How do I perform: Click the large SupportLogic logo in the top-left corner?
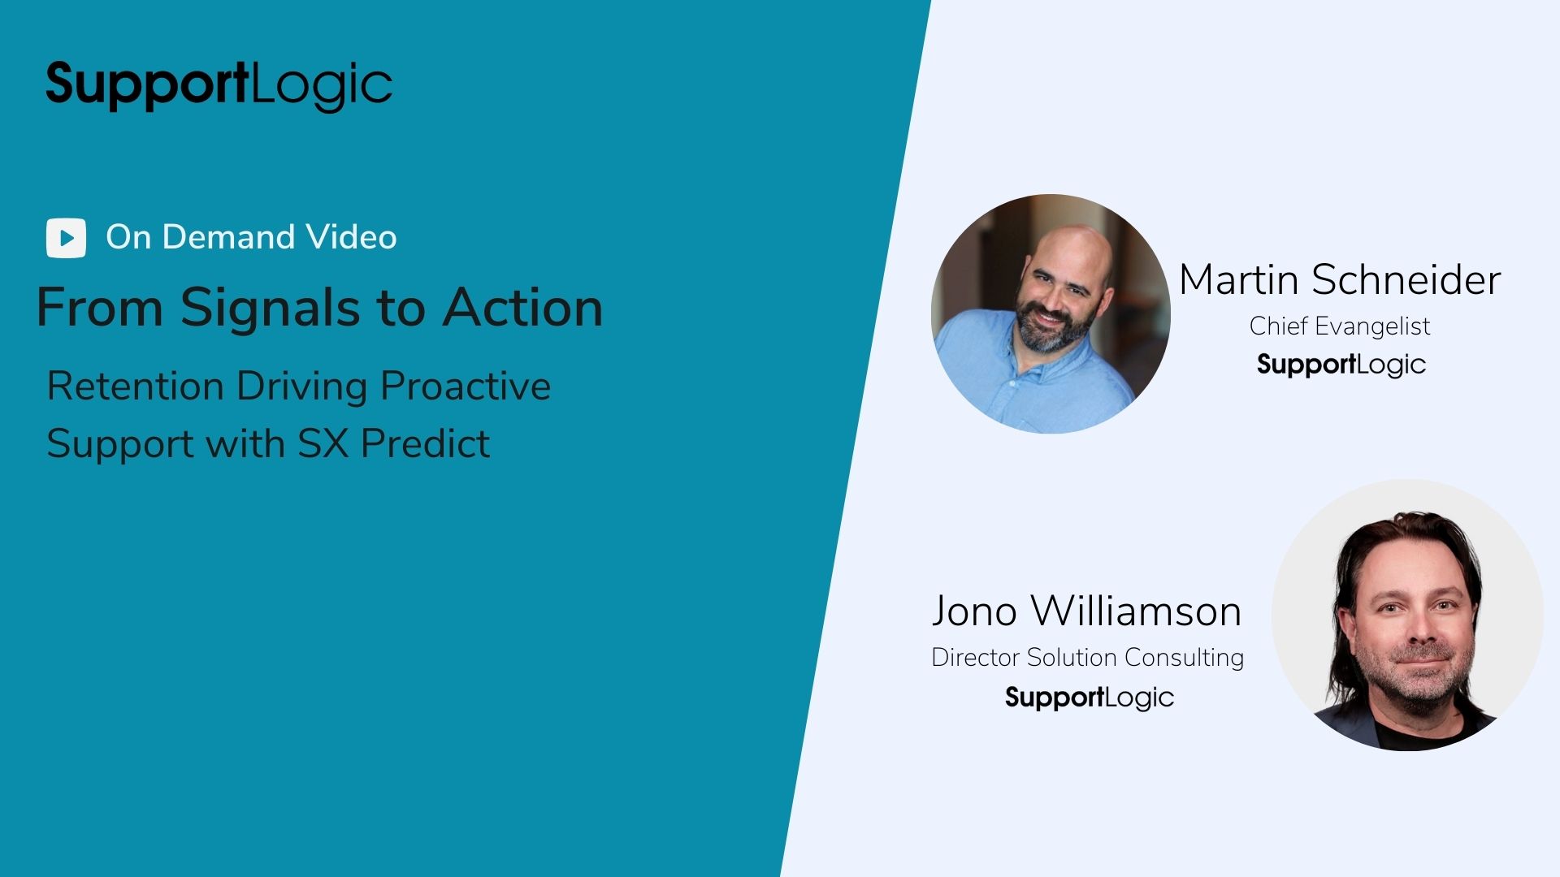tap(219, 85)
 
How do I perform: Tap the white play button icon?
tap(66, 238)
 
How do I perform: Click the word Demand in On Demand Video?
tap(228, 237)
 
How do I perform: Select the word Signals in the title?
tap(270, 309)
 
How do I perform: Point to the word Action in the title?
tap(522, 308)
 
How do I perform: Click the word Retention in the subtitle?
tap(135, 386)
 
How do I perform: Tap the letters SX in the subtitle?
tap(323, 443)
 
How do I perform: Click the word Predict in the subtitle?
tap(425, 443)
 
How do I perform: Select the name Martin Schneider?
tap(1340, 280)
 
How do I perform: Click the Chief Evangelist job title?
tap(1340, 326)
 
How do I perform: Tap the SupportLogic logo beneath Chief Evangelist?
tap(1341, 365)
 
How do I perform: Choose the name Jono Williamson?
tap(1086, 611)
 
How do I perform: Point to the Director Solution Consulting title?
tap(1087, 657)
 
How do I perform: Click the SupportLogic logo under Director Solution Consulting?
tap(1090, 698)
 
